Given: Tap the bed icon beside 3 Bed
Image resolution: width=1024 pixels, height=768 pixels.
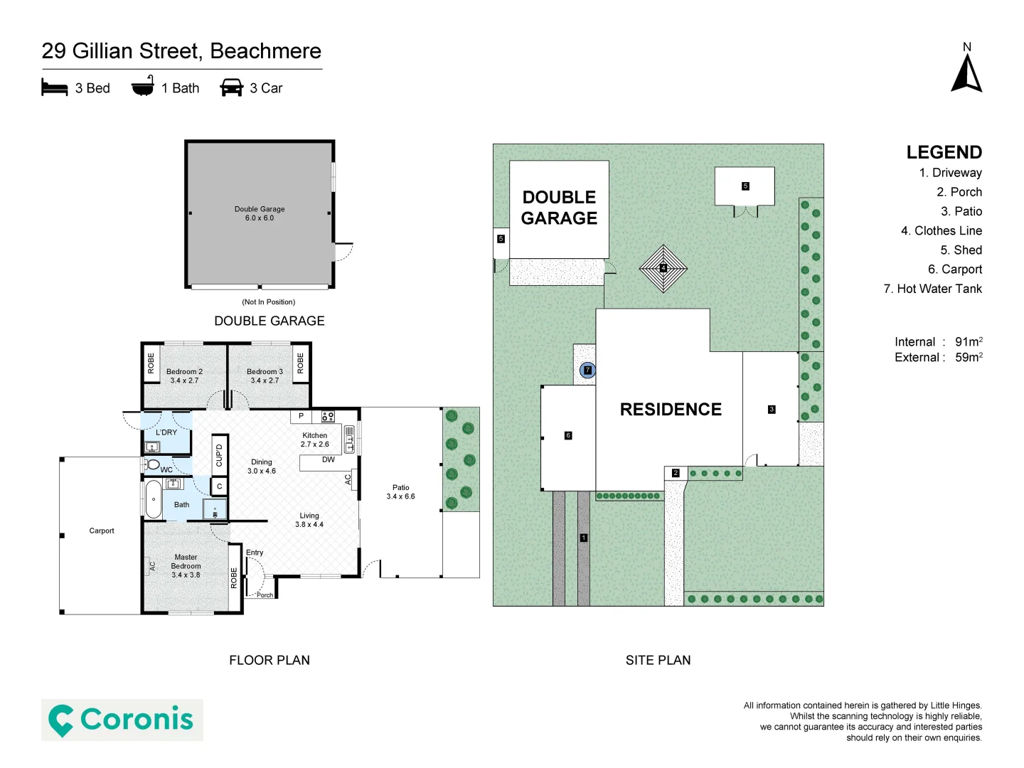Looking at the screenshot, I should (55, 87).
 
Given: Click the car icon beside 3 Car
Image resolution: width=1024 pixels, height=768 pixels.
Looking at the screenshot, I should (232, 87).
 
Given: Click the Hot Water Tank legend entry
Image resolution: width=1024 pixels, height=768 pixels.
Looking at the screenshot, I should (932, 289).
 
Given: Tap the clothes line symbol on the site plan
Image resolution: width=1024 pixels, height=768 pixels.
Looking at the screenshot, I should (663, 269).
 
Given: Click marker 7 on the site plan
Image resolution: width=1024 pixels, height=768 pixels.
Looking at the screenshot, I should (587, 370).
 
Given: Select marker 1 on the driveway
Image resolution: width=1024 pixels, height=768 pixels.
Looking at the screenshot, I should (583, 538).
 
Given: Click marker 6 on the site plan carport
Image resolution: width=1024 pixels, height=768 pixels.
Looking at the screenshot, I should (567, 435).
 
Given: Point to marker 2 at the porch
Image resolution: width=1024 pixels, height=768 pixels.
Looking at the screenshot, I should (676, 473).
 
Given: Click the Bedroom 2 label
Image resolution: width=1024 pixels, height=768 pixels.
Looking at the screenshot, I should (184, 375).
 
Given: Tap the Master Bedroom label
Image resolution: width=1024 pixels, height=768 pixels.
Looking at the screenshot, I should (186, 566).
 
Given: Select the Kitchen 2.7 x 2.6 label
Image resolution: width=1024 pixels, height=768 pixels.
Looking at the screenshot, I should (314, 439).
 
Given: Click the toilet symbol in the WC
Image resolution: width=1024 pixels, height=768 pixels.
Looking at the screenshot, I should (152, 465).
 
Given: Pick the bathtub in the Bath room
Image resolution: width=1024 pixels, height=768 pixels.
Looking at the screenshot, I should (154, 499).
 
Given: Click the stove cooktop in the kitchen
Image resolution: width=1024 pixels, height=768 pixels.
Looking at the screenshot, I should (328, 417).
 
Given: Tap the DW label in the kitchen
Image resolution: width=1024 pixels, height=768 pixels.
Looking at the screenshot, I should (328, 460).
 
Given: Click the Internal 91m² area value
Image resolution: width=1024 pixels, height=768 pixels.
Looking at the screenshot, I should (968, 342).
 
